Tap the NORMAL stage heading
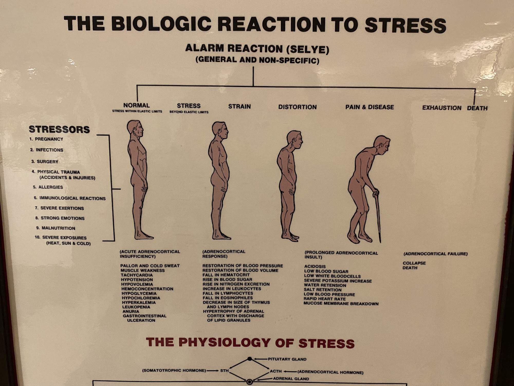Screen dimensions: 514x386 pos(136,105)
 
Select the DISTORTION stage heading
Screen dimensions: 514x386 pos(297,107)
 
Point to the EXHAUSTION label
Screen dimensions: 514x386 pos(442,108)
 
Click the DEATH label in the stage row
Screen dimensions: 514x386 pos(477,108)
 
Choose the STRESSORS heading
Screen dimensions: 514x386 pos(59,129)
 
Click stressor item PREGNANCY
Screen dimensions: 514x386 pos(49,139)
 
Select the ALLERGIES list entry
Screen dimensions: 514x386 pos(51,187)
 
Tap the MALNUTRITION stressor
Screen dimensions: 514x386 pos(58,228)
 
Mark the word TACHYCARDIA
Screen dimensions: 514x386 pos(137,275)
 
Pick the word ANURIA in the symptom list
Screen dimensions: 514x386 pos(131,311)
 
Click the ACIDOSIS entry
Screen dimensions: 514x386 pos(315,266)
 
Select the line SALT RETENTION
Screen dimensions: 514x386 pos(323,290)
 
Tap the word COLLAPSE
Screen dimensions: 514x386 pos(414,263)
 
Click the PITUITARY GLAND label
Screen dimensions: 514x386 pos(287,359)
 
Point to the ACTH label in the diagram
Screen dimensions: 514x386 pos(276,371)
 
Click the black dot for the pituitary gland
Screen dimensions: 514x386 pos(250,359)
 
